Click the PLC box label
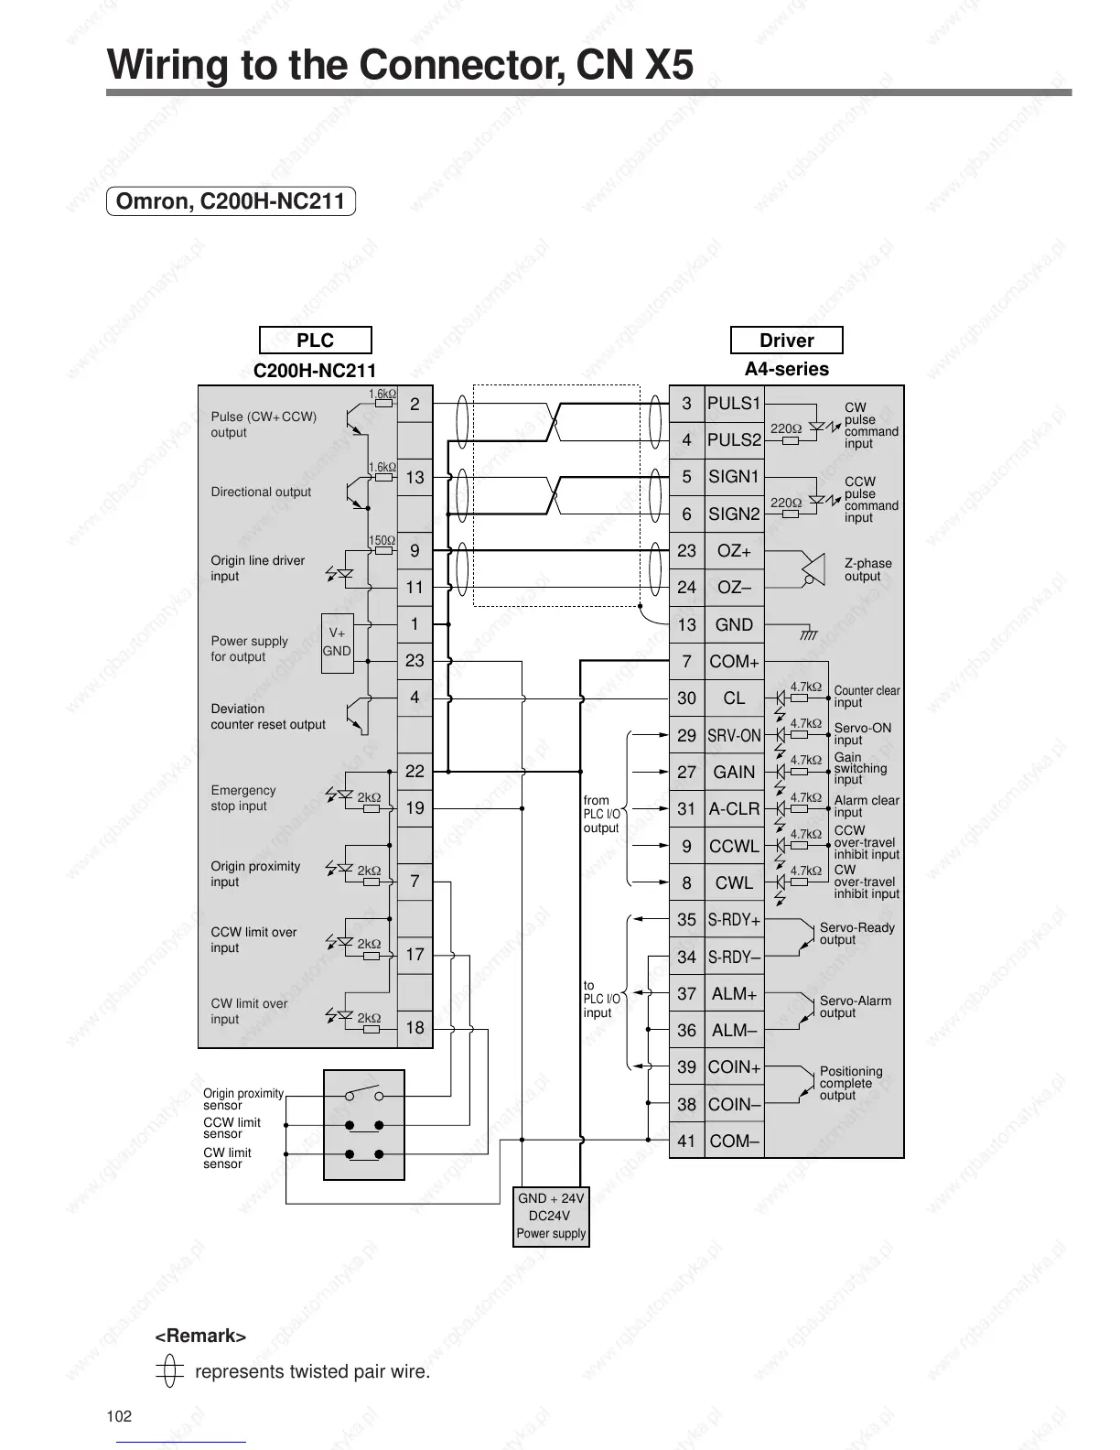[x=315, y=341]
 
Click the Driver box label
[x=786, y=341]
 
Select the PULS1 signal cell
[x=734, y=404]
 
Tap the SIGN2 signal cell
[x=734, y=514]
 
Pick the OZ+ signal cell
[x=734, y=551]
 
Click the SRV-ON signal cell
[x=734, y=736]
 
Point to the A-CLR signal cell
[x=734, y=809]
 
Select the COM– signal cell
[x=734, y=1142]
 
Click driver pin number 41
[x=686, y=1142]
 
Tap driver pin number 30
[x=686, y=698]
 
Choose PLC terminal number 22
[x=415, y=772]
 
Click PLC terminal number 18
[x=415, y=1028]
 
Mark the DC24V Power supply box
[x=551, y=1216]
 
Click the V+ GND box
[x=337, y=643]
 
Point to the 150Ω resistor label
[x=382, y=541]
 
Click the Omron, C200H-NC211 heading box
[x=231, y=201]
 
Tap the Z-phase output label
[x=867, y=569]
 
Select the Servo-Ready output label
[x=856, y=934]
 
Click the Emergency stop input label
[x=242, y=798]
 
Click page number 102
[x=119, y=1417]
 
